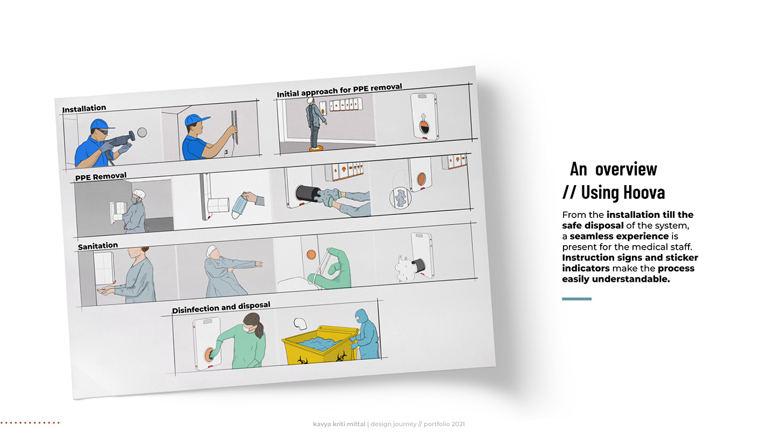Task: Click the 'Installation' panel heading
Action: (84, 109)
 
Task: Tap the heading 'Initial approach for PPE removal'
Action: (340, 90)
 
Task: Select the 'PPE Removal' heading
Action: (101, 176)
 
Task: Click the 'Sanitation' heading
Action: (98, 246)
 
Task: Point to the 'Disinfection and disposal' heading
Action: (221, 307)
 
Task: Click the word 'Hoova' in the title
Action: (623, 192)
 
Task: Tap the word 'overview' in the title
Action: (626, 169)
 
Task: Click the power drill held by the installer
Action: (120, 141)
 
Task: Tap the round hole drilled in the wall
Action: (142, 132)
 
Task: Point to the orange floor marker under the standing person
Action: (316, 149)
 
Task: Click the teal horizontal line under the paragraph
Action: (577, 298)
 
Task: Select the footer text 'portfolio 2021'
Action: (444, 424)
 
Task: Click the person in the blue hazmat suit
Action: (366, 335)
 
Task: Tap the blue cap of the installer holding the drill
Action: (101, 125)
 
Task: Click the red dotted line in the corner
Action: (30, 423)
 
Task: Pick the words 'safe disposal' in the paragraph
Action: (592, 226)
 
